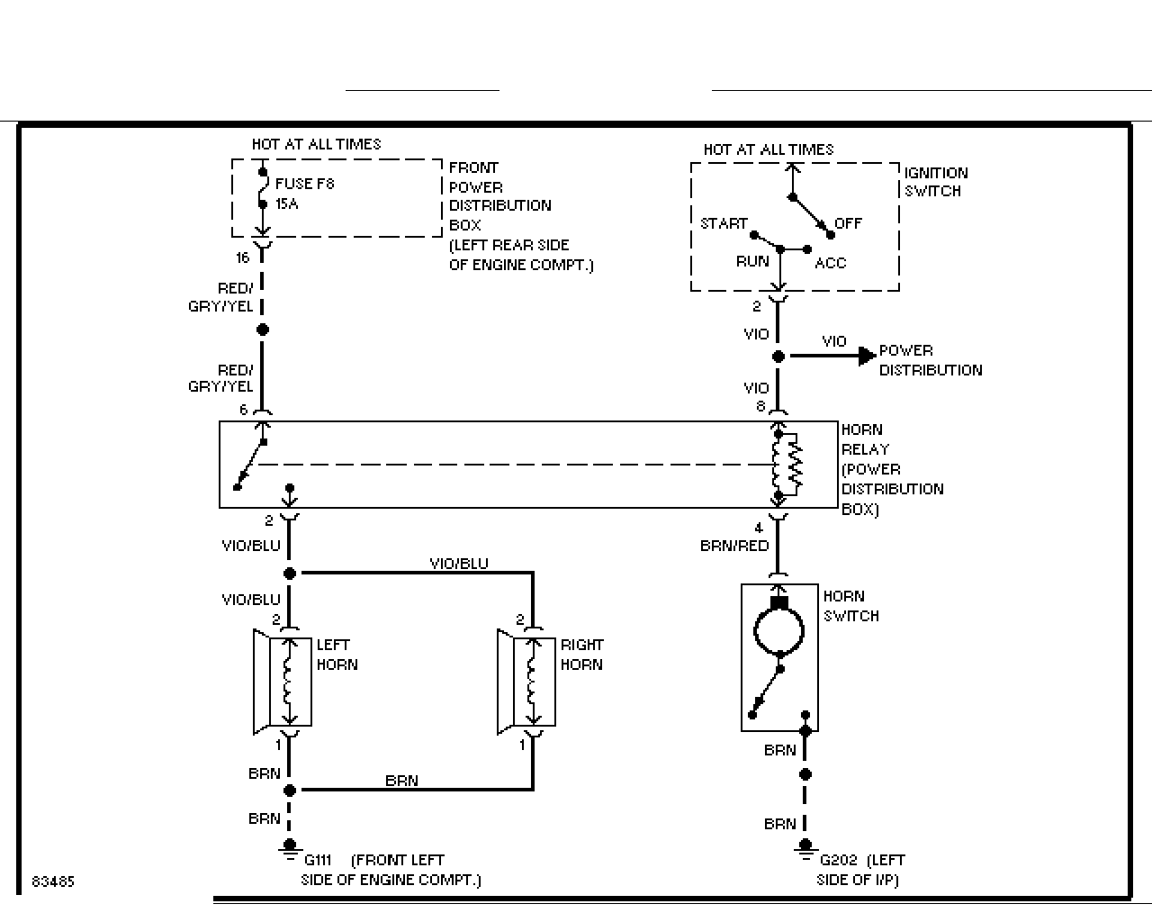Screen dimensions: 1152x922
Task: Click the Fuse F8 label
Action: coord(304,184)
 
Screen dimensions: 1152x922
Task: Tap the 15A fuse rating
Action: coord(287,203)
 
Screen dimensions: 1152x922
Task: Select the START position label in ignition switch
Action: coord(724,223)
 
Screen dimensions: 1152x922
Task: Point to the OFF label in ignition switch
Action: coord(848,223)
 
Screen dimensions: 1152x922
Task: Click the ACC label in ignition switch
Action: coord(831,263)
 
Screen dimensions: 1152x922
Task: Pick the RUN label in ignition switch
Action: coord(752,261)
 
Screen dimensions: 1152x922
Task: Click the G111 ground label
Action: coord(318,861)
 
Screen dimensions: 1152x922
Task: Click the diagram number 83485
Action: coord(53,881)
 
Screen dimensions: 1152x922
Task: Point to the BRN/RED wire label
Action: coord(734,546)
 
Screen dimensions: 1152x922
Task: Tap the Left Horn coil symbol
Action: coord(289,682)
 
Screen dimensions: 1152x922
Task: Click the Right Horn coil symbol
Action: coord(532,682)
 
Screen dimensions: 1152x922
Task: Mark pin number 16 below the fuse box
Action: coord(243,258)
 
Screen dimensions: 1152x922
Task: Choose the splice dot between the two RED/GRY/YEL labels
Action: coord(262,330)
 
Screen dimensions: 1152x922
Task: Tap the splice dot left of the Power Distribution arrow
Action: coord(778,357)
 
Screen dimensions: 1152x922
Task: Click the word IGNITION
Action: coord(936,173)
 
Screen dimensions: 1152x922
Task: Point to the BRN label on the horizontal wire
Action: coord(401,781)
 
